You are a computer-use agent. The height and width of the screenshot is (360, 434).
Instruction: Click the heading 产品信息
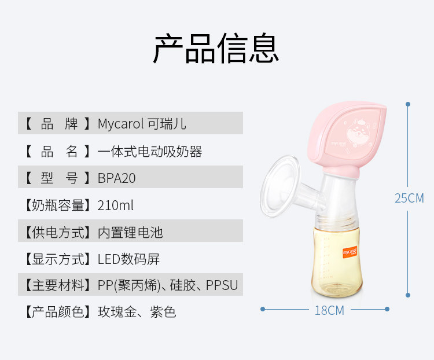click(216, 49)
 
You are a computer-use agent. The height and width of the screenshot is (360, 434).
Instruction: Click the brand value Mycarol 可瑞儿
click(142, 124)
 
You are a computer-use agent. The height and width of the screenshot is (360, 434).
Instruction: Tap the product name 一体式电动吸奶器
click(150, 152)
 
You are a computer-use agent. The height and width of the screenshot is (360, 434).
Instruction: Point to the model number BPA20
click(117, 178)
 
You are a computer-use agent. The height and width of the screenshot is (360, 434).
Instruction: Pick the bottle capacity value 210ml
click(116, 205)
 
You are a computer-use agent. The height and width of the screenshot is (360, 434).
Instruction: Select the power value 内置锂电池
click(130, 232)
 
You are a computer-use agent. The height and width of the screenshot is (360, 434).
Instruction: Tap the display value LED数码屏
click(128, 259)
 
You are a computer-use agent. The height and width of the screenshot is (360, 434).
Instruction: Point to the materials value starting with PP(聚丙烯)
click(168, 285)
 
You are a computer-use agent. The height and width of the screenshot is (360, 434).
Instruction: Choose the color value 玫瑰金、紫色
click(137, 313)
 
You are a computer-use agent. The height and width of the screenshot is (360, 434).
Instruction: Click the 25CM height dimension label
click(409, 198)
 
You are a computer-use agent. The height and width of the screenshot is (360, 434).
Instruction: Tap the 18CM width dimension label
click(329, 310)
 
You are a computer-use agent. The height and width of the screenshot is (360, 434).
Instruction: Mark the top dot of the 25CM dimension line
click(408, 104)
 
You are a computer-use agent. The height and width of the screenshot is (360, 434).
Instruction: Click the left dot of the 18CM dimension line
click(263, 310)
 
